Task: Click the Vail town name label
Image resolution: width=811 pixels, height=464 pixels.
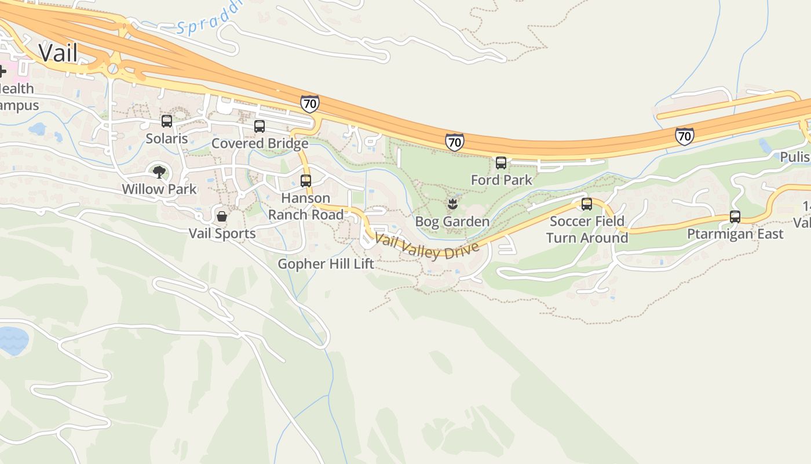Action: (x=58, y=53)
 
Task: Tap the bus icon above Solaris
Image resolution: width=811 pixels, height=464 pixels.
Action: (x=167, y=121)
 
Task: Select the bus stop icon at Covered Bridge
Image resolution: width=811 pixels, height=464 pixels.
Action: (x=260, y=126)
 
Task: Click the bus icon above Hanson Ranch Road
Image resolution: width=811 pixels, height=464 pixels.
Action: (x=306, y=180)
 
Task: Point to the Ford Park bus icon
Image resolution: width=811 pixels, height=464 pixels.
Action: (x=501, y=163)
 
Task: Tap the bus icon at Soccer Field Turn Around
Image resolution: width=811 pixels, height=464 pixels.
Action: (x=587, y=204)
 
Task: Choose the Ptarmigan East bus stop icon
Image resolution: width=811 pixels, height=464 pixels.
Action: (x=735, y=217)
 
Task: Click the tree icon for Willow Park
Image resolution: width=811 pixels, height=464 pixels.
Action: (x=159, y=172)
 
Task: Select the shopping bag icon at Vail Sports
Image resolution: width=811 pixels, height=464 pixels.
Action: (x=222, y=216)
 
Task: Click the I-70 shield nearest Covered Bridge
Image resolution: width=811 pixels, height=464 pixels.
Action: (x=310, y=104)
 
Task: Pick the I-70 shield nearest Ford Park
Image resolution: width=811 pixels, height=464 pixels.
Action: (x=455, y=142)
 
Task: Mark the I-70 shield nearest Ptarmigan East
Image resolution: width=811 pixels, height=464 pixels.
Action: (x=684, y=136)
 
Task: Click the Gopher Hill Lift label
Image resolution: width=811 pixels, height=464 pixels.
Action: (x=326, y=264)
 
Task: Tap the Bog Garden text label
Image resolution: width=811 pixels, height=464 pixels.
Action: (x=452, y=222)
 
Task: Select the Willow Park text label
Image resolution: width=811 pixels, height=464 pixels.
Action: (x=159, y=189)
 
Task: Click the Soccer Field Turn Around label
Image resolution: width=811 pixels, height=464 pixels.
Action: (x=587, y=230)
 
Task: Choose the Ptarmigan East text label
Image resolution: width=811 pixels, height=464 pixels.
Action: (x=735, y=234)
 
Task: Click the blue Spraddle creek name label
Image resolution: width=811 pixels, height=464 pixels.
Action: (x=209, y=21)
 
